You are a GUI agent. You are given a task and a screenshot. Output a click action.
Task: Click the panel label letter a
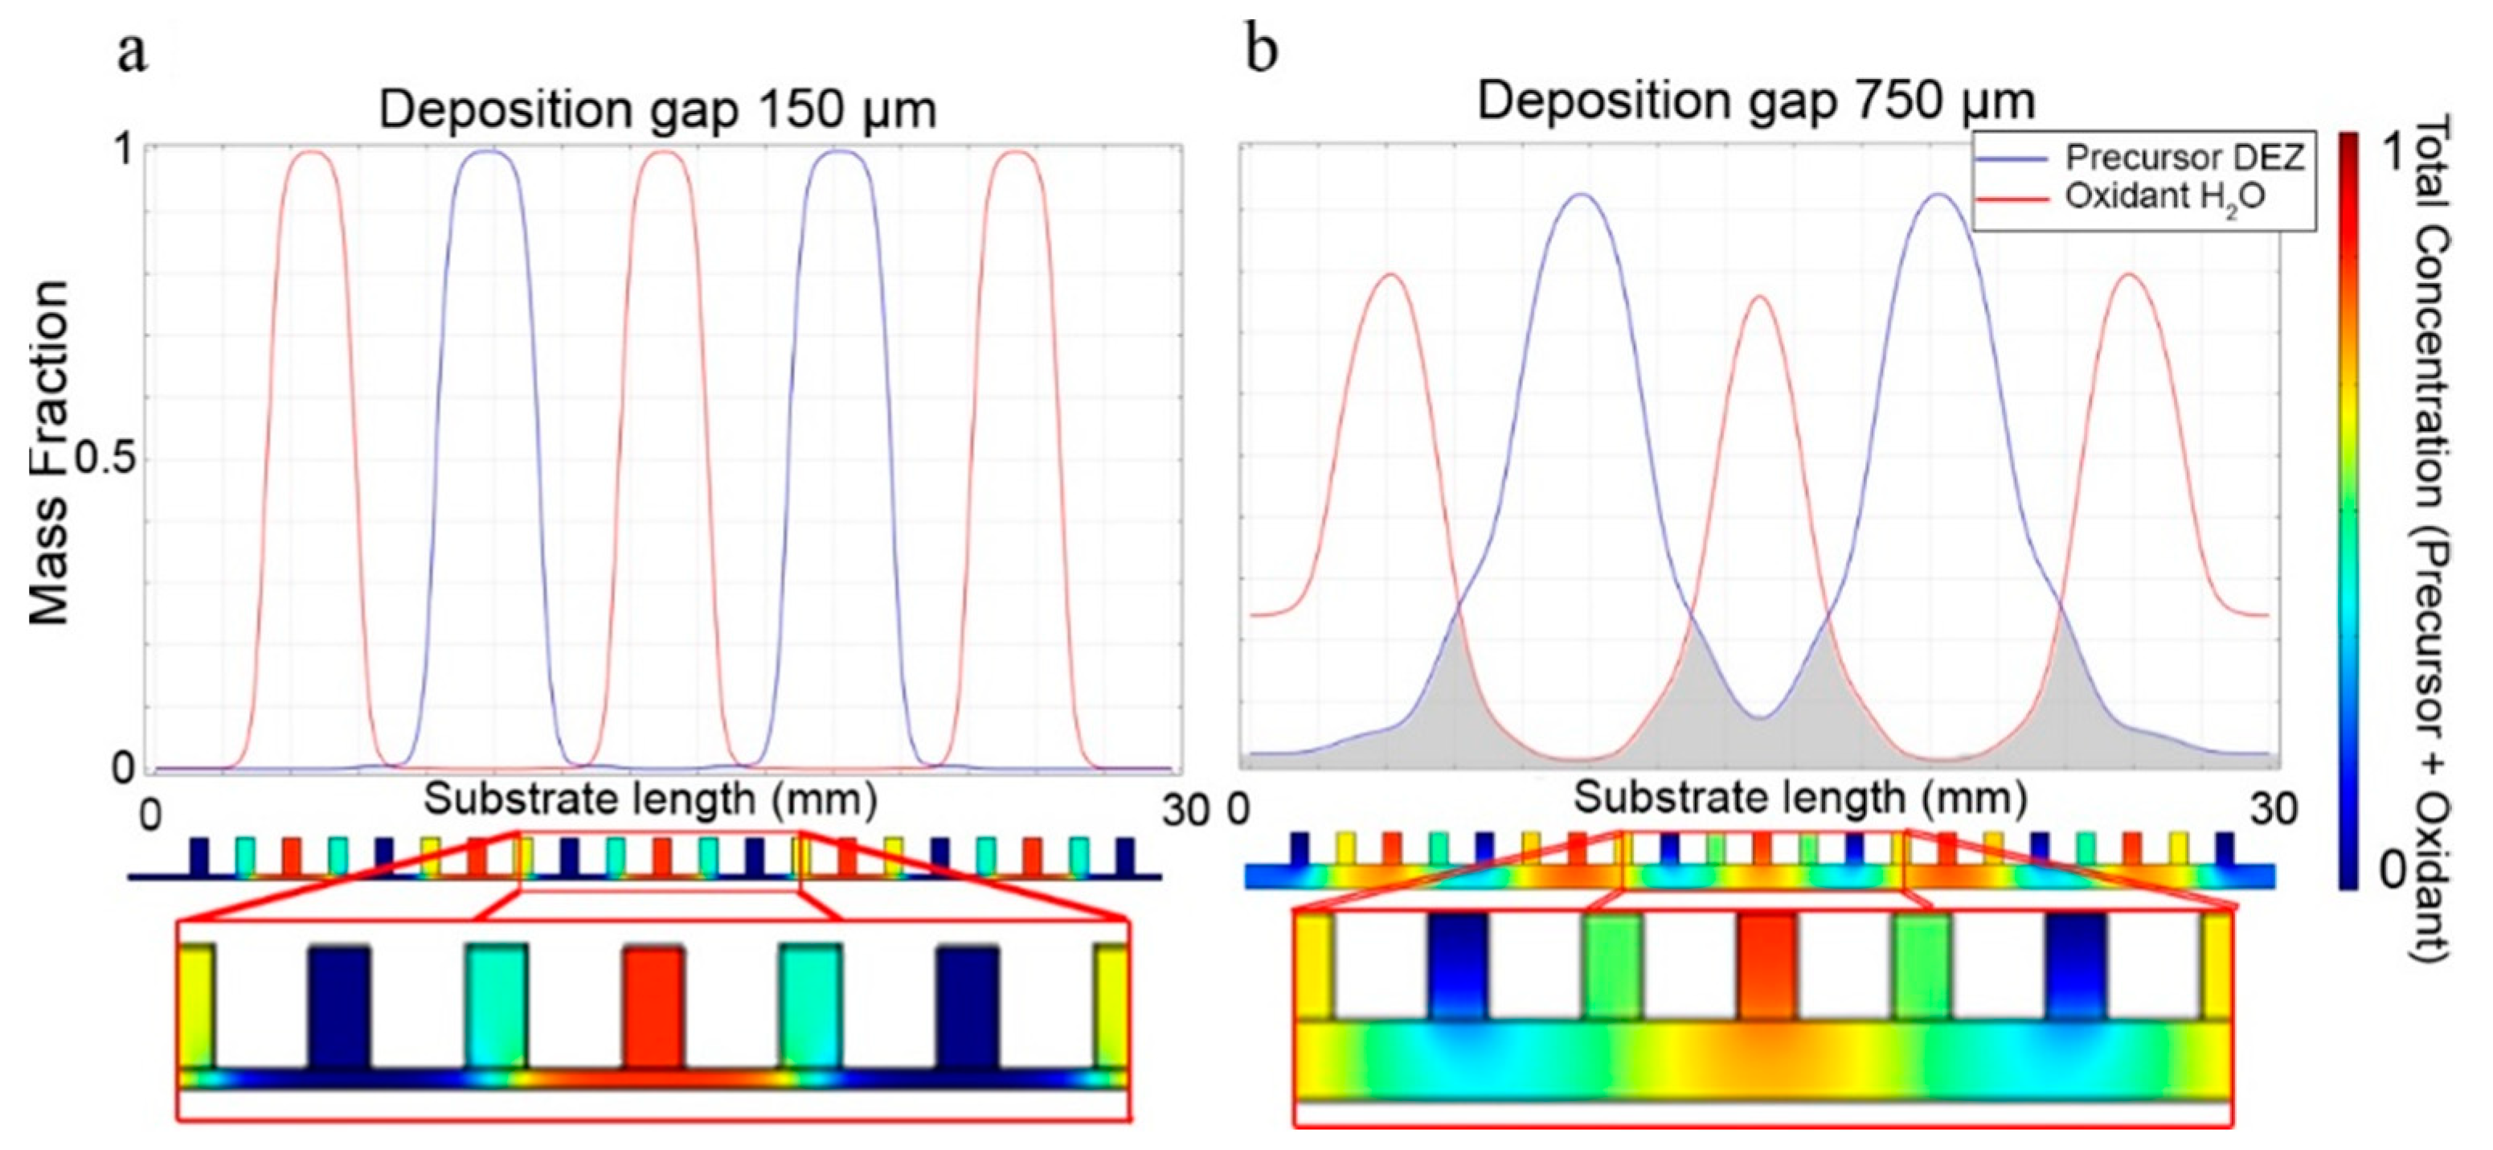tap(133, 53)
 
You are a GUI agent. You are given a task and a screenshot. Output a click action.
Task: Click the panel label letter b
tap(1261, 51)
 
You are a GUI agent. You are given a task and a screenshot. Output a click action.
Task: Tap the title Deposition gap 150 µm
tap(657, 109)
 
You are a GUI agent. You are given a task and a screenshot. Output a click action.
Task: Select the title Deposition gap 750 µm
tap(1755, 101)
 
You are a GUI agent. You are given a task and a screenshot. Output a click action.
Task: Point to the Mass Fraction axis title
tap(48, 452)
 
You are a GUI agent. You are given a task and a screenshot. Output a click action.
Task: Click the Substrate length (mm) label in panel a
tap(651, 800)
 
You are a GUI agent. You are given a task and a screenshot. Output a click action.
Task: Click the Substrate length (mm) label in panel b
tap(1800, 799)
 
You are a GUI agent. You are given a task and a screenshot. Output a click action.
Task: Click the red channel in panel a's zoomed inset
tap(654, 1006)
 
